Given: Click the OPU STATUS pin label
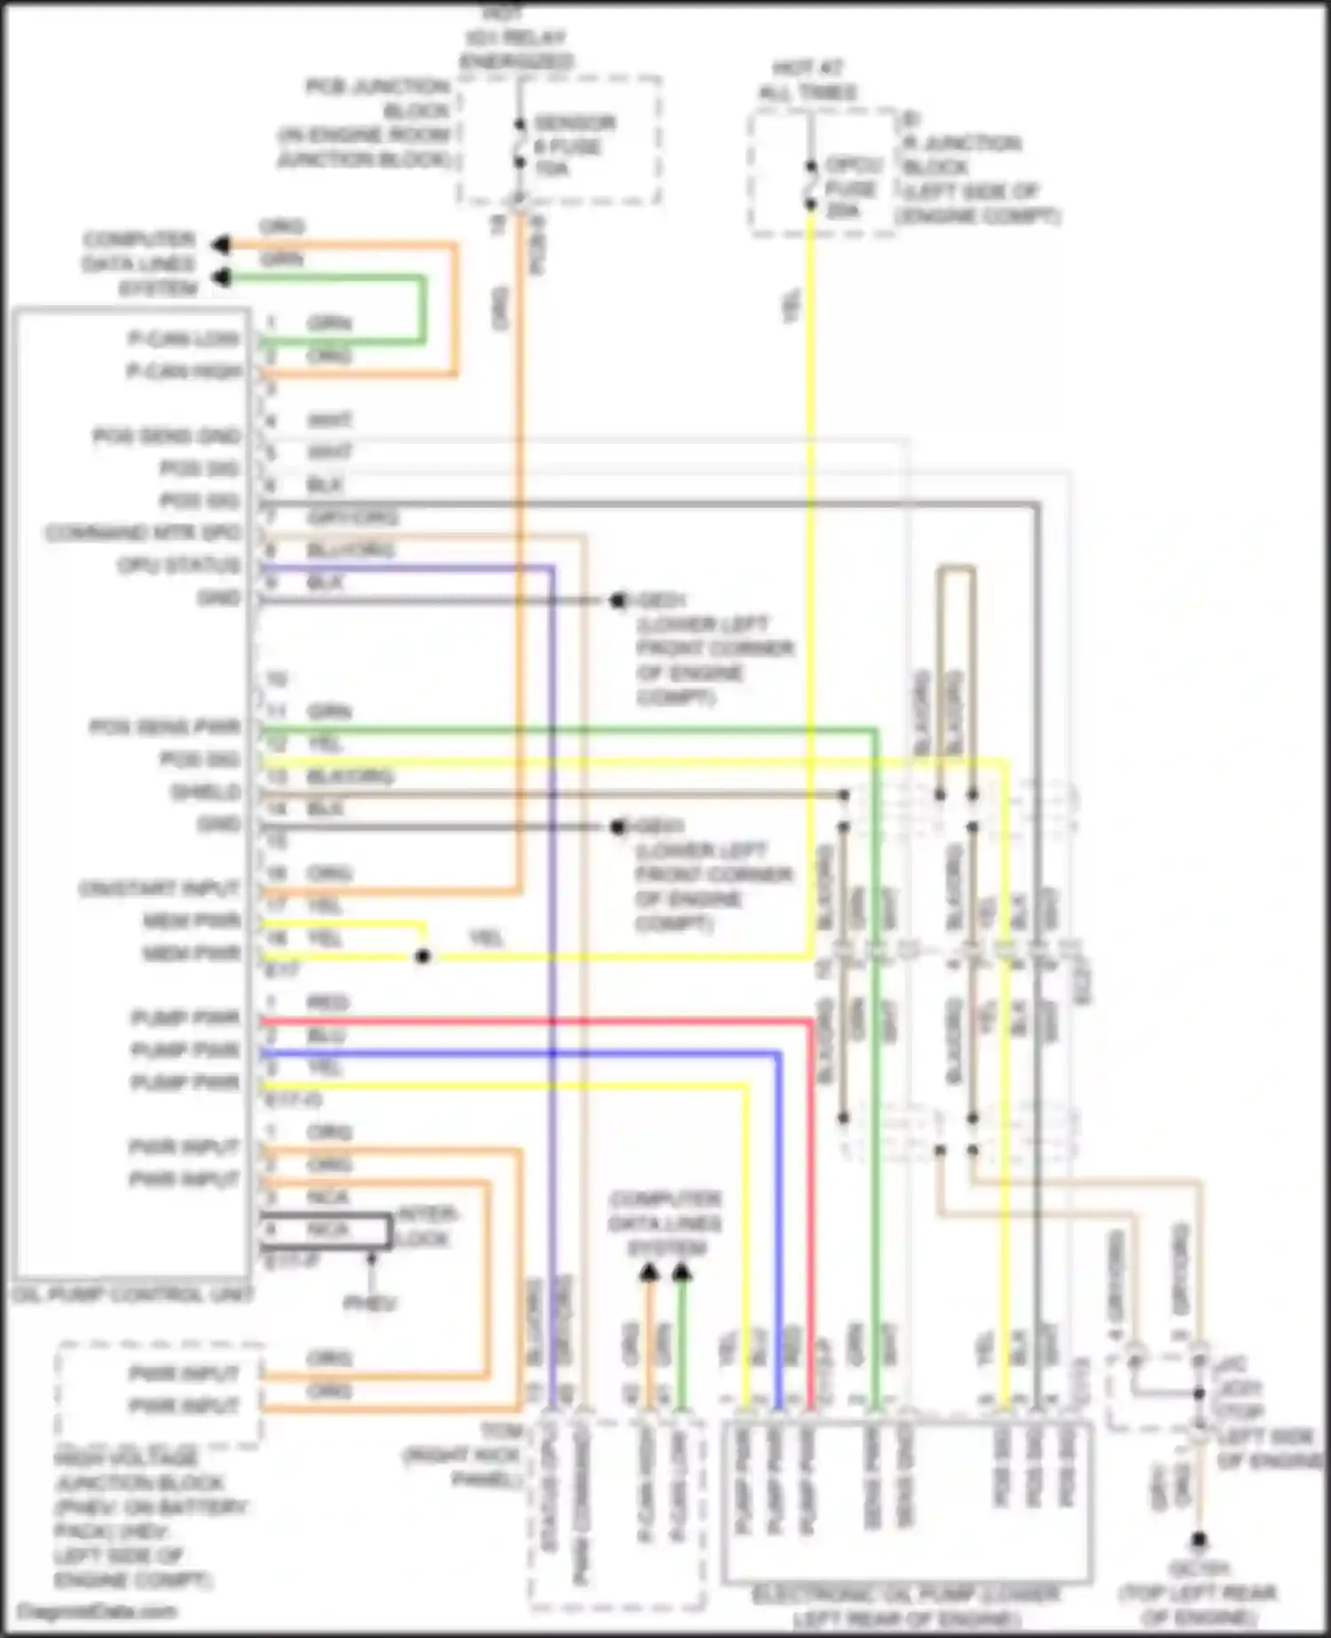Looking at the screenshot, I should [179, 565].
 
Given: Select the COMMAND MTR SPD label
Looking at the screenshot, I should [144, 532].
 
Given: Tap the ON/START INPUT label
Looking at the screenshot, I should [160, 888].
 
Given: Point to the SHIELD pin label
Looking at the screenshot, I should [205, 791].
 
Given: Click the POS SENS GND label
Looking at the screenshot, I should [167, 436].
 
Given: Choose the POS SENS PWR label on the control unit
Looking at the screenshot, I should [165, 728].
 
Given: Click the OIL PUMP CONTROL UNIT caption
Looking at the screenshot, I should [132, 1295].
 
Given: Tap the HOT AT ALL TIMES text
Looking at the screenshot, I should [807, 80].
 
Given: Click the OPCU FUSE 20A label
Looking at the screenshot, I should [853, 188].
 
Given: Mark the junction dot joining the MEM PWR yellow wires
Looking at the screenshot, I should [423, 957].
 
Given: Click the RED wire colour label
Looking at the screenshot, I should [327, 1004].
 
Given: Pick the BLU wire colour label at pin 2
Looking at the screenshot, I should [326, 1036].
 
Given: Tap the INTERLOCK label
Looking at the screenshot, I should [426, 1225].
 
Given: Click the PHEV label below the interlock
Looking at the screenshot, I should [369, 1303].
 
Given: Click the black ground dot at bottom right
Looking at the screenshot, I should [1198, 1539].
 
